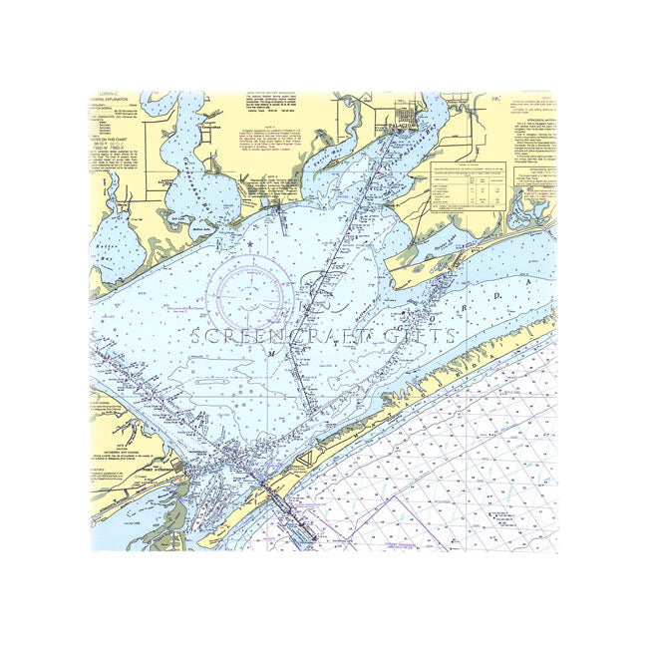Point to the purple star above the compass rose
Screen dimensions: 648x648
pos(249,244)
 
